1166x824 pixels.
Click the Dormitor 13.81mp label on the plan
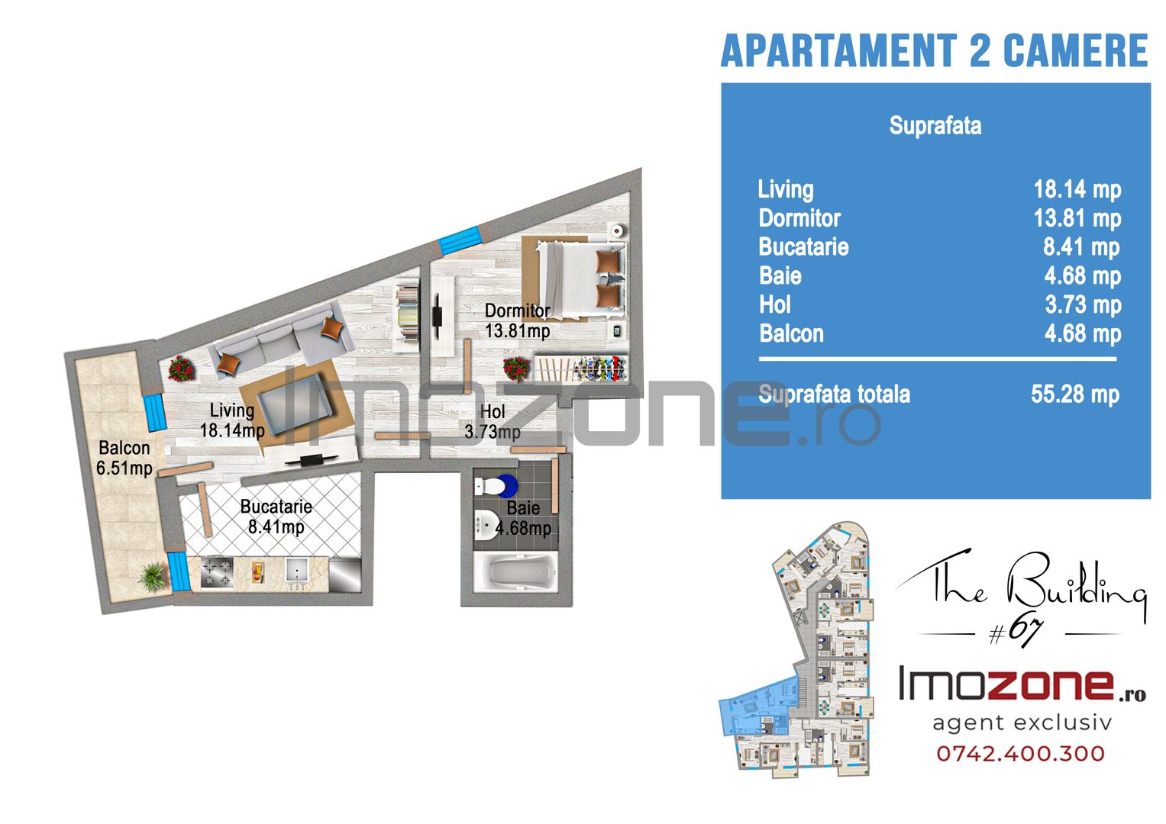[518, 320]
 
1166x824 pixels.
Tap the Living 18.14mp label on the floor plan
[232, 420]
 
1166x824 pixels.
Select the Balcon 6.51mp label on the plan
[124, 458]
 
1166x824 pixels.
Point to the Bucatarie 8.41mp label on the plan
[276, 517]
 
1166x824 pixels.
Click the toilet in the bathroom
[495, 487]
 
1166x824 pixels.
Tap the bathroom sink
[486, 524]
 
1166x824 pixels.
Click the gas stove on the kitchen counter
[217, 573]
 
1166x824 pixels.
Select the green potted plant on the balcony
[153, 577]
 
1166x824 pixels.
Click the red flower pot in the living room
[182, 369]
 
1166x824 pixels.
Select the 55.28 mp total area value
[1075, 395]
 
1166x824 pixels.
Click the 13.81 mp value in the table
[1077, 218]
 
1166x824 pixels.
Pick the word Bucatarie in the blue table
[804, 247]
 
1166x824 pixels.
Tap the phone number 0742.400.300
[1020, 753]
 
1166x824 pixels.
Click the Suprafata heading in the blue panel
[935, 126]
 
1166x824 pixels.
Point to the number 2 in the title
[980, 50]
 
